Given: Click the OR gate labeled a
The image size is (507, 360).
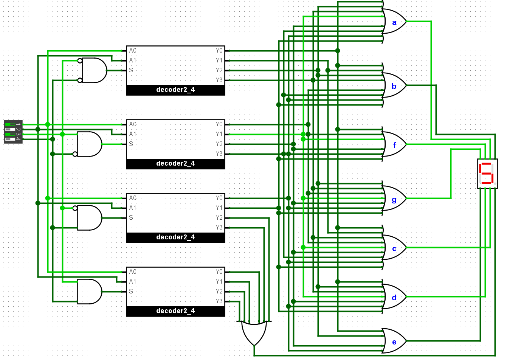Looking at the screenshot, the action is click(394, 21).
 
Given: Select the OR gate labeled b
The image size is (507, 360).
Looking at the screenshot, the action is click(394, 85).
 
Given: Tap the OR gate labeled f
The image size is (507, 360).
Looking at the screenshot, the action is click(394, 144).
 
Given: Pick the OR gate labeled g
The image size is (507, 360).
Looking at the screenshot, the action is click(394, 198).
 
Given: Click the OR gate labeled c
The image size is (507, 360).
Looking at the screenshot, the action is click(394, 247).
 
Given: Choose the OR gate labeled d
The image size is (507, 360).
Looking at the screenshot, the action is click(394, 296).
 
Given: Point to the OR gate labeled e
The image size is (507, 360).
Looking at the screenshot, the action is click(394, 341).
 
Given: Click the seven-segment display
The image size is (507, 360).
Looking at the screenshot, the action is click(487, 174).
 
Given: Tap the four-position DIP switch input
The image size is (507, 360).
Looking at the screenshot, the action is click(13, 132).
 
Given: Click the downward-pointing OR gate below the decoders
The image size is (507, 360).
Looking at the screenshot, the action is click(254, 333).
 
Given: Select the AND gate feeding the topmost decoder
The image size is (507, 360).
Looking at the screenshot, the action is click(93, 70).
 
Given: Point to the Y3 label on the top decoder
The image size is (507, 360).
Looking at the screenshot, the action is click(219, 80).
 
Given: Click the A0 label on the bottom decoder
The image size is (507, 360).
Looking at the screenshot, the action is click(133, 272).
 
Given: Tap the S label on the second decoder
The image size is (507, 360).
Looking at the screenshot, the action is click(131, 144).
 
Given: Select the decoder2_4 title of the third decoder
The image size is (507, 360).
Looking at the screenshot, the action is click(175, 237).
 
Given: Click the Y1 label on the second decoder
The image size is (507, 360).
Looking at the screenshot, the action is click(219, 134).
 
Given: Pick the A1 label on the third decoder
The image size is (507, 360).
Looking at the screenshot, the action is click(132, 208).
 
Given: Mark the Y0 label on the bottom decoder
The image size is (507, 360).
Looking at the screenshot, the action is click(219, 272).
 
